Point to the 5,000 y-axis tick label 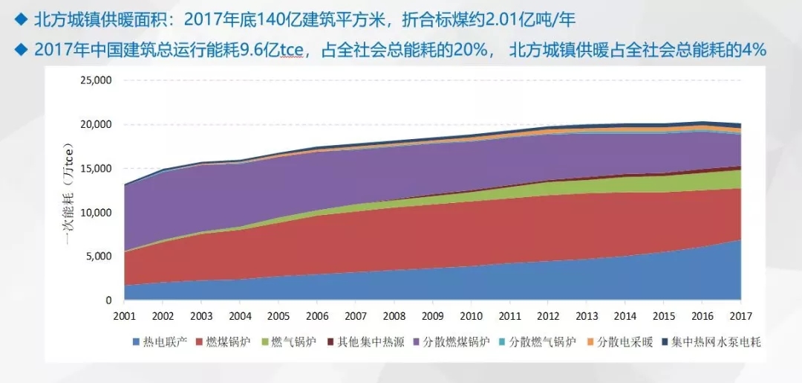(97, 257)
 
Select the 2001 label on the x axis (124, 315)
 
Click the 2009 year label (432, 315)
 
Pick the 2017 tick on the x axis (740, 315)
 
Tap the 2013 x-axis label (587, 315)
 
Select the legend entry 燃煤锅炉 (226, 343)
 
